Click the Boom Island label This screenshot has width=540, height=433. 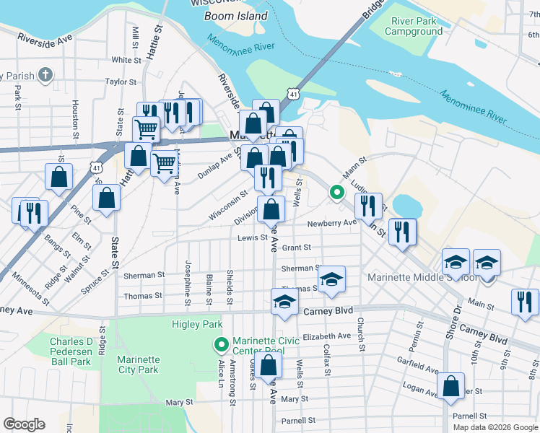click(235, 16)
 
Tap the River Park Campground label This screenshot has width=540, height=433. click(414, 27)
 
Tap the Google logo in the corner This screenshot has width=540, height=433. click(25, 424)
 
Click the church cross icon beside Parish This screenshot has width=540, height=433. click(45, 74)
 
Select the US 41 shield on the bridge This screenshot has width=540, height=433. click(292, 94)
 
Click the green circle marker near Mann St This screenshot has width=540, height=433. click(336, 192)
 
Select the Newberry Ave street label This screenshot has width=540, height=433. click(332, 223)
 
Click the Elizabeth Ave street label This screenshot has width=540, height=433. click(326, 336)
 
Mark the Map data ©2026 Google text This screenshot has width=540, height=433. click(495, 427)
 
